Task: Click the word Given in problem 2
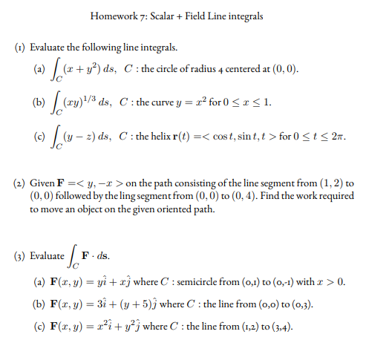43,183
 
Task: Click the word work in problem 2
285,197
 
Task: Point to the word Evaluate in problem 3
47,256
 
